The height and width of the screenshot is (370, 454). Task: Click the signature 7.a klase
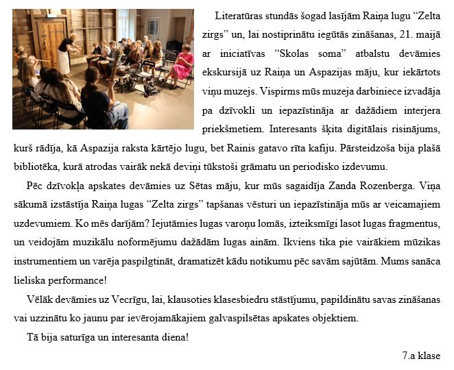[421, 356]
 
